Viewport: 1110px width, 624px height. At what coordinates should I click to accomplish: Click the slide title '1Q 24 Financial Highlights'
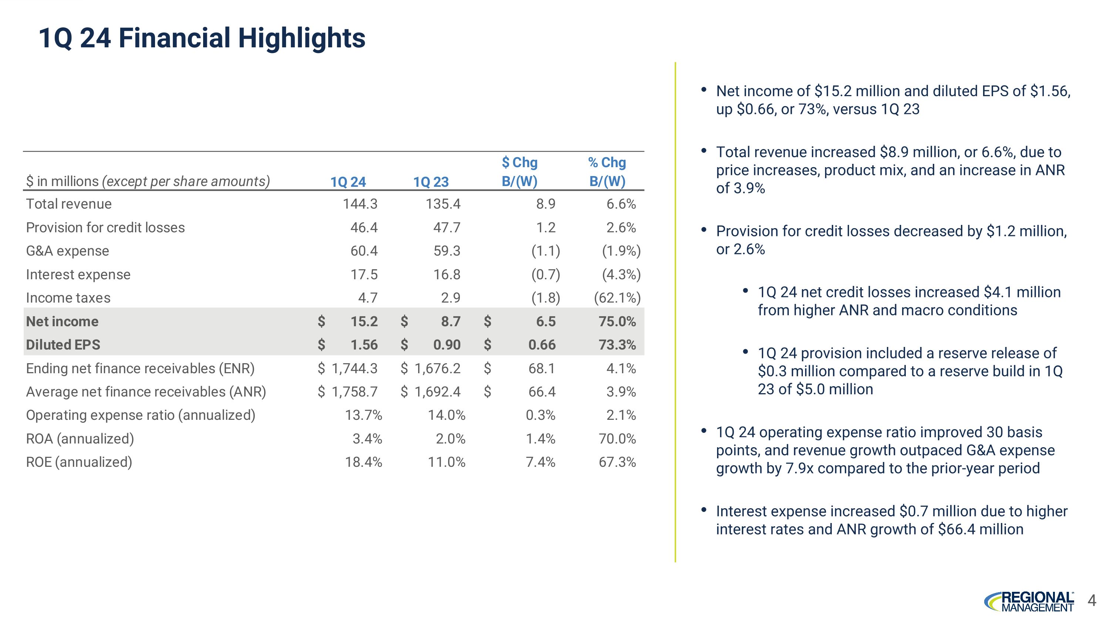pos(202,38)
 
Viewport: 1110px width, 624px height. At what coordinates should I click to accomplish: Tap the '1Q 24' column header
pos(348,182)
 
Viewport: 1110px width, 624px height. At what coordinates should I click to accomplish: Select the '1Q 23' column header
pos(431,182)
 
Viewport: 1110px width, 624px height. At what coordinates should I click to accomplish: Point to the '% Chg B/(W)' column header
pos(607,172)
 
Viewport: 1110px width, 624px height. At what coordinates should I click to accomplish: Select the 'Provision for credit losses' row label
pos(105,227)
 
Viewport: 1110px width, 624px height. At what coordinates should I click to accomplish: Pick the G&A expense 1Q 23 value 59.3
pos(447,251)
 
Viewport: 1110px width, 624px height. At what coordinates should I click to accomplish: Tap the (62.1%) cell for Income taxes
pos(617,297)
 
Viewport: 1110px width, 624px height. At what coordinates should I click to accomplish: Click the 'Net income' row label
pos(62,321)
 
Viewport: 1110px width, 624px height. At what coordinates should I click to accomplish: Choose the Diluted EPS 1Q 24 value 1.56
pos(364,344)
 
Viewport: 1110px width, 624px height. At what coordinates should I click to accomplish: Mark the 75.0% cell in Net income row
pos(617,321)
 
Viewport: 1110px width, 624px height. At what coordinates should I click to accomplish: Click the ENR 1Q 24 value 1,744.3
pos(354,368)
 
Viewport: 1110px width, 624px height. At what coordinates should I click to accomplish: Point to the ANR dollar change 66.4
pos(542,391)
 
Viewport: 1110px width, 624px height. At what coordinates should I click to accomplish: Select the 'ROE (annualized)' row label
pos(79,462)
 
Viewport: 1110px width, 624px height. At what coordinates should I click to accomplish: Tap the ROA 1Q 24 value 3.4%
pos(367,439)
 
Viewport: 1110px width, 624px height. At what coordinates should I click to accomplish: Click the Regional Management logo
pos(1029,601)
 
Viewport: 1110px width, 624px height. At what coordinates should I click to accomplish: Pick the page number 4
pos(1091,600)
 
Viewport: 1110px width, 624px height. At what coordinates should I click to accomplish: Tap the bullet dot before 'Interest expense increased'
pos(704,510)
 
